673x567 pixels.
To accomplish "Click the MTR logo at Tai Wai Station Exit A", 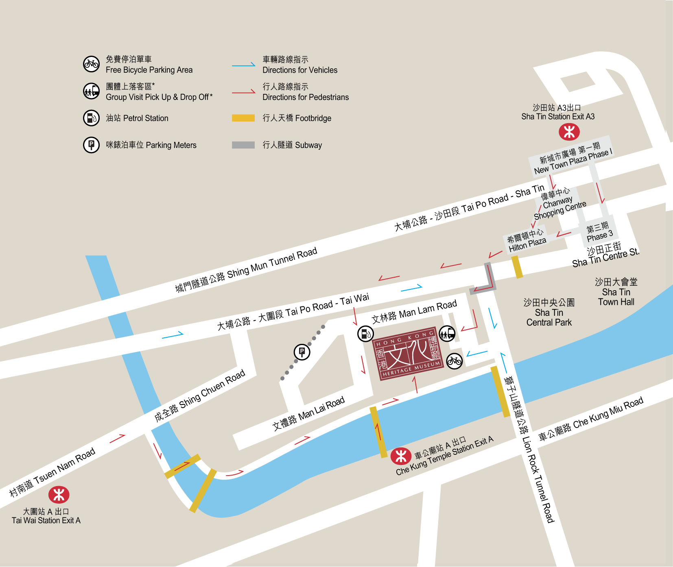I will pyautogui.click(x=59, y=495).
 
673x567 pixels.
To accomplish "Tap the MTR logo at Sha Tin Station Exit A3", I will pyautogui.click(x=569, y=132).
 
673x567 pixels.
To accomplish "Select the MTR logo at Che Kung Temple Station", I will pyautogui.click(x=401, y=456).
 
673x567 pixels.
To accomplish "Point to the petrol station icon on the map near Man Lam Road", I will pyautogui.click(x=365, y=334).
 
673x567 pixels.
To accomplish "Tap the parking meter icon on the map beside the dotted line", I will pyautogui.click(x=302, y=352).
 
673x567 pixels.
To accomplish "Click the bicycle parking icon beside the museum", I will pyautogui.click(x=454, y=361).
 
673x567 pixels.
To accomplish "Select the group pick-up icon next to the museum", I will pyautogui.click(x=447, y=334).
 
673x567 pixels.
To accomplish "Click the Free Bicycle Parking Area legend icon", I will pyautogui.click(x=91, y=64).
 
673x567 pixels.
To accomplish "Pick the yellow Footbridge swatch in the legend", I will pyautogui.click(x=243, y=118).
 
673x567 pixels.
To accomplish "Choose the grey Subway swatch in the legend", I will pyautogui.click(x=243, y=145).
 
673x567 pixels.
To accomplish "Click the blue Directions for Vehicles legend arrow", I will pyautogui.click(x=243, y=65).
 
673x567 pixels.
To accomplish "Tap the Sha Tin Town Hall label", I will pyautogui.click(x=616, y=292).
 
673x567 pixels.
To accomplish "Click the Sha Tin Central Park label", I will pyautogui.click(x=549, y=313).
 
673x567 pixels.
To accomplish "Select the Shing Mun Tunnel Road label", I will pyautogui.click(x=246, y=270).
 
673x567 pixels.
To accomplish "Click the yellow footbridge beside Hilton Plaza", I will pyautogui.click(x=517, y=267).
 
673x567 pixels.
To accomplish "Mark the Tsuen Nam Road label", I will pyautogui.click(x=52, y=472).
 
